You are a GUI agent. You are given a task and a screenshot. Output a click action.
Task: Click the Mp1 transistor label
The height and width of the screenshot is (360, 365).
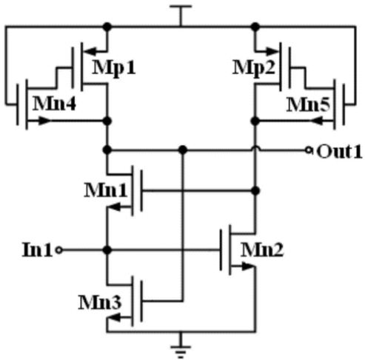click(114, 68)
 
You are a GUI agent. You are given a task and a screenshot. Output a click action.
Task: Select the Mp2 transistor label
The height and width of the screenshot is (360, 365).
click(254, 68)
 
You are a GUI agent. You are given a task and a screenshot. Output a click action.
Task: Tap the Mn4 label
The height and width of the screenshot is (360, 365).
click(54, 104)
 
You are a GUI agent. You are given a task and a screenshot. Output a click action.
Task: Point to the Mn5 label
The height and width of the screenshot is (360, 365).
click(308, 105)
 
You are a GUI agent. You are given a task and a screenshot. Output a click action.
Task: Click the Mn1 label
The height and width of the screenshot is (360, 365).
click(106, 190)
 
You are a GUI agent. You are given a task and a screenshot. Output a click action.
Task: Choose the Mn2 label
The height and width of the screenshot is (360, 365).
click(262, 250)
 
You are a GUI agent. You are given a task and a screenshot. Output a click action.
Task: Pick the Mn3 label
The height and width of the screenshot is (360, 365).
click(100, 302)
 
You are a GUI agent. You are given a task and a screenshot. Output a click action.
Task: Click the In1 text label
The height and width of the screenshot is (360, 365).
click(37, 250)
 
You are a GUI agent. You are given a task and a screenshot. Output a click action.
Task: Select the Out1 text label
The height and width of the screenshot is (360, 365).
click(340, 151)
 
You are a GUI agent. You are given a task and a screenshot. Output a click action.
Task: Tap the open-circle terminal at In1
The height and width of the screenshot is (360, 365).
click(58, 250)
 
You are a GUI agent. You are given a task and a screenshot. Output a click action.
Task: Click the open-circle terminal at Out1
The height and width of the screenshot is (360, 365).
click(308, 150)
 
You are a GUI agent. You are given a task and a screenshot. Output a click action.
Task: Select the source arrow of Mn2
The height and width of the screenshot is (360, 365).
click(247, 266)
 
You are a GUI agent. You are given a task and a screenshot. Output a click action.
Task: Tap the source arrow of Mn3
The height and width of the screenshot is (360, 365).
click(115, 317)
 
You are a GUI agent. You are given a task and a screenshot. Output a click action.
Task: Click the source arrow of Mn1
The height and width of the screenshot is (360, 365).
click(115, 207)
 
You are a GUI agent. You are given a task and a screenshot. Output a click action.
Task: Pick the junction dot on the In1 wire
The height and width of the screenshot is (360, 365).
click(107, 250)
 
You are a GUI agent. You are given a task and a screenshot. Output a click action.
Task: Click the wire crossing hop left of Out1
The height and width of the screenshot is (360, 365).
click(255, 148)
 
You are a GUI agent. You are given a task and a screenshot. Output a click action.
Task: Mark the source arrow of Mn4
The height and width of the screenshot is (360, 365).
click(44, 121)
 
